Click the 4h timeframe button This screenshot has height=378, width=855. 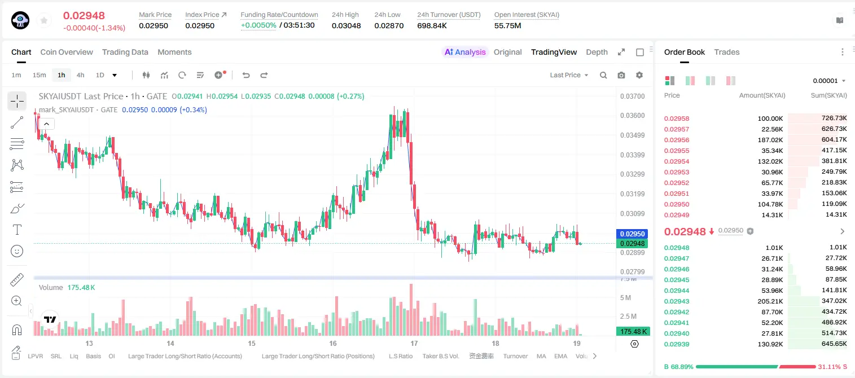point(80,75)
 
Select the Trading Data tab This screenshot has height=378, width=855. point(125,52)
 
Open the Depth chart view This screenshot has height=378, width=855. point(597,52)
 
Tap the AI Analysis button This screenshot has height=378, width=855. point(465,52)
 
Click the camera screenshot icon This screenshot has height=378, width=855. point(621,75)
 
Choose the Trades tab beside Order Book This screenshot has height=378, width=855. point(727,52)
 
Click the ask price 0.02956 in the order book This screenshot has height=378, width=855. point(676,140)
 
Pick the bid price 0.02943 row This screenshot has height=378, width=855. point(676,301)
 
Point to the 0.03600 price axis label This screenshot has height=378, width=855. point(632,116)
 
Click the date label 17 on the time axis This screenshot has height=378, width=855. point(414,344)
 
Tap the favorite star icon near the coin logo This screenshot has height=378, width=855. point(44,20)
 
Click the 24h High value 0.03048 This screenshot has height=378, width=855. point(346,25)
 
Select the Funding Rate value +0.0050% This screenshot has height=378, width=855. point(258,25)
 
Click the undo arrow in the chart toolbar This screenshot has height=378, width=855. point(246,75)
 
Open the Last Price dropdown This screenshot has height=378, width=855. point(569,75)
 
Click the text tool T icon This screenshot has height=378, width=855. point(17,230)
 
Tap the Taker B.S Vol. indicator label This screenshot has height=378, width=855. point(440,356)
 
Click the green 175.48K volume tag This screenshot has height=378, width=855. point(633,332)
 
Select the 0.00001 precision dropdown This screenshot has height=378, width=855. point(829,81)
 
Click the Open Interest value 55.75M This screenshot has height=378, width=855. point(508,25)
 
